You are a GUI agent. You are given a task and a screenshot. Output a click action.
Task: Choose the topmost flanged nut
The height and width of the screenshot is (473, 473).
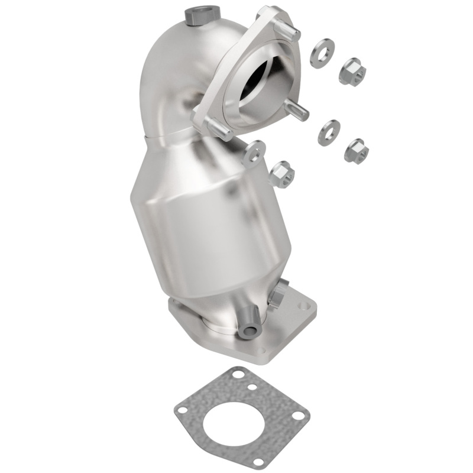(x=352, y=71)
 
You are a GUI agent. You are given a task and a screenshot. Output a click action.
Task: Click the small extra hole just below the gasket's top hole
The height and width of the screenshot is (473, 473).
(x=252, y=387)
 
